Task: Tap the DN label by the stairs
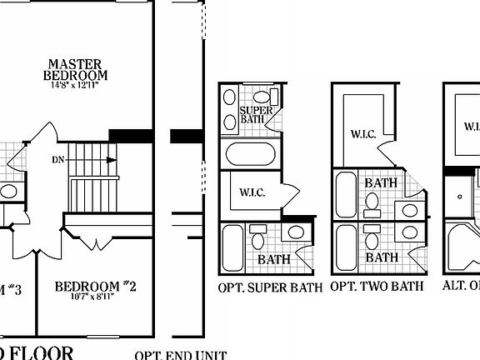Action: tap(58, 158)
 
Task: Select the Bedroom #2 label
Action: tap(95, 287)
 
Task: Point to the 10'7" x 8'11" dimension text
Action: tap(95, 298)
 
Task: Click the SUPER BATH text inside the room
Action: tap(252, 114)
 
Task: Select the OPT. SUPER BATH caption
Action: tap(270, 287)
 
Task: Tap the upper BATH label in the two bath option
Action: tap(381, 182)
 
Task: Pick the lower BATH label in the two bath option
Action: tap(382, 257)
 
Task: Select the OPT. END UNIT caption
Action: tap(181, 355)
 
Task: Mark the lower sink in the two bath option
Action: tap(412, 231)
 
